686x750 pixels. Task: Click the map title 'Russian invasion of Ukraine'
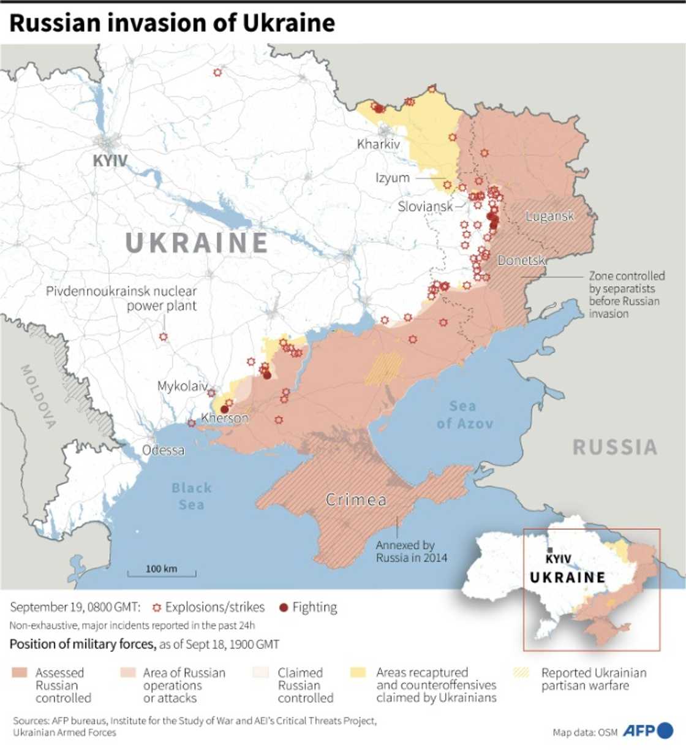(x=172, y=23)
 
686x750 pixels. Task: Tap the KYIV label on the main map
(x=110, y=161)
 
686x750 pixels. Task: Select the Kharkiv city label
(x=378, y=144)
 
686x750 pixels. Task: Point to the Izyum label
(x=392, y=178)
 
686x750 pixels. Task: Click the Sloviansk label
(x=425, y=206)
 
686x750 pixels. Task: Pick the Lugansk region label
(x=549, y=216)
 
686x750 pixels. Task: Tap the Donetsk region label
(x=521, y=260)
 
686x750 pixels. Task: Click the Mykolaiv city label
(x=182, y=386)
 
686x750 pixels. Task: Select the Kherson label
(x=225, y=419)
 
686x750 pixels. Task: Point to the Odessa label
(x=163, y=450)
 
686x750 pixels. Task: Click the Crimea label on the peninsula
(x=356, y=500)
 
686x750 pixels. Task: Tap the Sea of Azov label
(x=464, y=415)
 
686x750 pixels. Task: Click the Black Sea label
(x=191, y=496)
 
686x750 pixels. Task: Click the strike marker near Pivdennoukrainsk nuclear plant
(x=164, y=337)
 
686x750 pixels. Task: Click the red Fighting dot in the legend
(x=283, y=608)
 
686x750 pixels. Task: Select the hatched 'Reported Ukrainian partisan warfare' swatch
(x=521, y=673)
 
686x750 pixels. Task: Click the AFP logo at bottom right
(x=647, y=730)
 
